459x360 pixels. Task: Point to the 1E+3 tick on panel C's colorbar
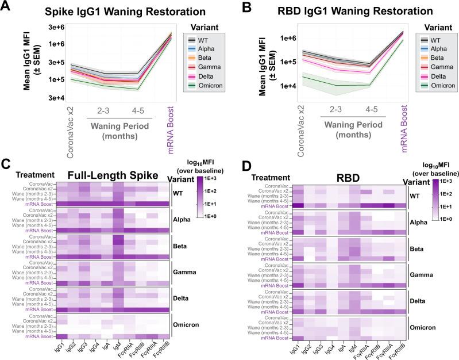coord(213,180)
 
